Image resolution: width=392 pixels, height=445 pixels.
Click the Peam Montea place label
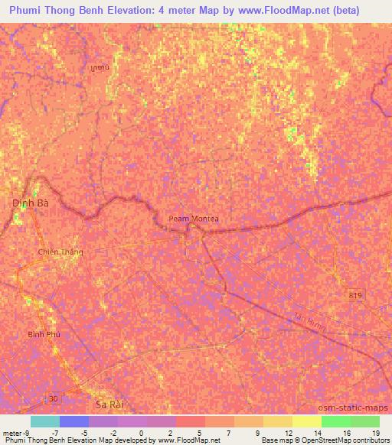point(194,219)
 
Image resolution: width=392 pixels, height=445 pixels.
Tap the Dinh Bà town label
point(30,203)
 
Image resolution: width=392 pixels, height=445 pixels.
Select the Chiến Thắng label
point(60,252)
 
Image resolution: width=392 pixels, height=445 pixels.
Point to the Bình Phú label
point(44,334)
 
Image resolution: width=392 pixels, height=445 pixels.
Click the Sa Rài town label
point(109,403)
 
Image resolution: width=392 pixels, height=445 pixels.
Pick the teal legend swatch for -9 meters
point(44,421)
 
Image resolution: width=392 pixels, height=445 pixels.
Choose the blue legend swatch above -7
point(73,421)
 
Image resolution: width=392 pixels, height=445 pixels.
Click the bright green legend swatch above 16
point(335,421)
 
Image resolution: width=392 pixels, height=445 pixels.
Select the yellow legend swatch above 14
point(306,421)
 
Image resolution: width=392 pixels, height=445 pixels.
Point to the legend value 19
point(374,431)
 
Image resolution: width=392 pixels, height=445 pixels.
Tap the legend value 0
point(141,431)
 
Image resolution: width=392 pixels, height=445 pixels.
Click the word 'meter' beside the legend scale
point(12,431)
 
